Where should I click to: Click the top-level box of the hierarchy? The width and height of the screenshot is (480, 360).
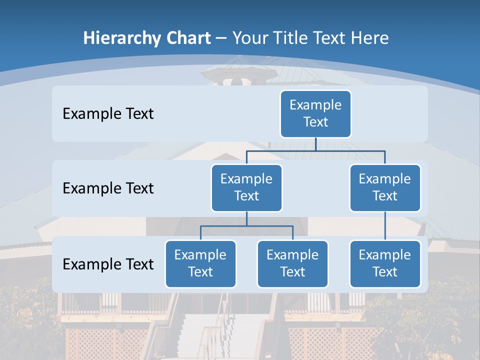click(315, 113)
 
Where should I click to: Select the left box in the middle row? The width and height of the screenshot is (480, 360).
click(246, 187)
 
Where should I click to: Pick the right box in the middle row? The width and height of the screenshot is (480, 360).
click(385, 187)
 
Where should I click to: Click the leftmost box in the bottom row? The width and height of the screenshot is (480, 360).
click(200, 263)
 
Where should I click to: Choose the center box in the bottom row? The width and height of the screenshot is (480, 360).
click(292, 263)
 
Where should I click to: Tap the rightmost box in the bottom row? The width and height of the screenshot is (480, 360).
click(385, 263)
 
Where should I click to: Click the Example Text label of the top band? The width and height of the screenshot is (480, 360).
click(108, 114)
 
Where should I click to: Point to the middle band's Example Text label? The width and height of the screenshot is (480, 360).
click(108, 188)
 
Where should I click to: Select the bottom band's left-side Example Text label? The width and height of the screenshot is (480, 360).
click(108, 264)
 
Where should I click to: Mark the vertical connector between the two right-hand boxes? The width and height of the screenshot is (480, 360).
click(385, 226)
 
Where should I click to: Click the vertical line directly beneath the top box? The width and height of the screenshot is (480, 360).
click(315, 144)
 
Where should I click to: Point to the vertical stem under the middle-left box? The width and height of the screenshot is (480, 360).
click(246, 218)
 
